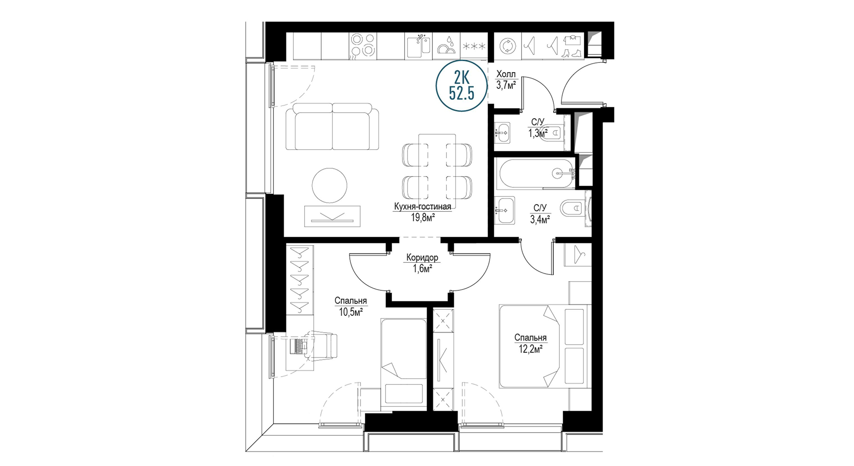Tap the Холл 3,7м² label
(x=506, y=80)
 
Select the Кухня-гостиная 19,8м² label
(x=422, y=212)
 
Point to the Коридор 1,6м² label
(x=422, y=263)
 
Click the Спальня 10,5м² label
(x=351, y=306)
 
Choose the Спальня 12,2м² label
(x=530, y=343)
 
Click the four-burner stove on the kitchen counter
(x=362, y=46)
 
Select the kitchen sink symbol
(x=418, y=46)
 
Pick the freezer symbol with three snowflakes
(x=474, y=46)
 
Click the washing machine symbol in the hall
(x=507, y=46)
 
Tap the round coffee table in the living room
(x=330, y=185)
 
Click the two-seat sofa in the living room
(x=332, y=126)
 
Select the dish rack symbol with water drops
(x=446, y=46)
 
